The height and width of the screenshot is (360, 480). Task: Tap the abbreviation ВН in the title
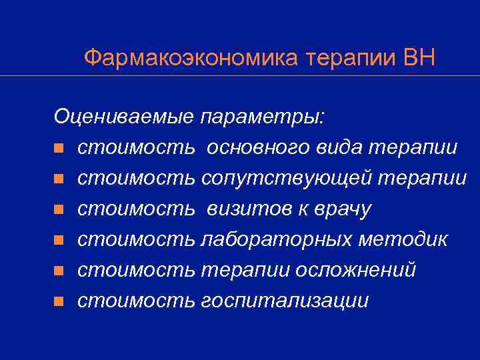click(x=419, y=58)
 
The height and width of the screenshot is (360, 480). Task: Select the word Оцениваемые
click(x=124, y=117)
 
